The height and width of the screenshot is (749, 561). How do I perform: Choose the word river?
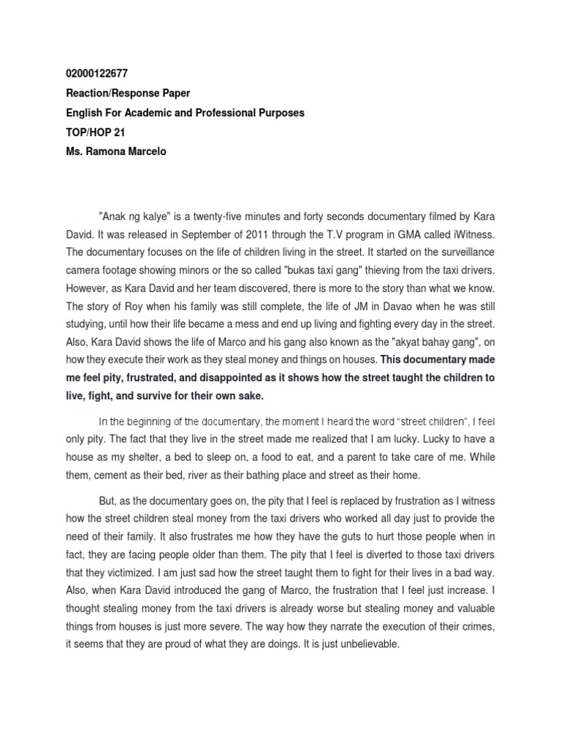[x=188, y=476]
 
